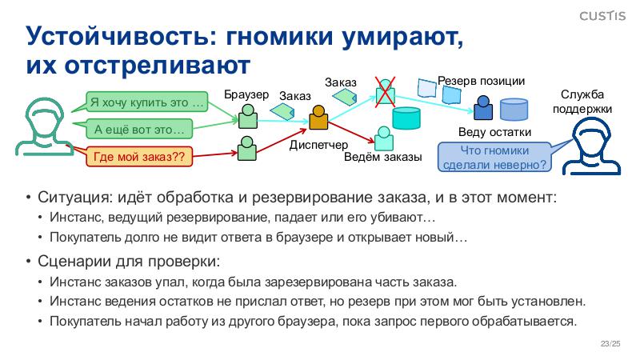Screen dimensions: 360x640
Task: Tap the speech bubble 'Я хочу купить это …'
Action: [x=146, y=102]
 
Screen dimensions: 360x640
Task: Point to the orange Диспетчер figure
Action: [x=319, y=118]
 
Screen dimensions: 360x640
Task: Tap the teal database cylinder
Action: [x=406, y=118]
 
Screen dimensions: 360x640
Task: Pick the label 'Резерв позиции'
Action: [x=481, y=81]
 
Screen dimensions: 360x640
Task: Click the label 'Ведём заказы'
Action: [x=382, y=157]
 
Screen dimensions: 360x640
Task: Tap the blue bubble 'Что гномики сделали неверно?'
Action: [x=494, y=158]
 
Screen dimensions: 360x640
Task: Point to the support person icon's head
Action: [x=591, y=136]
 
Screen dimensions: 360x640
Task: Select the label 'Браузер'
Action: [x=246, y=94]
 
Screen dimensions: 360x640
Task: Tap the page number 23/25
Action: [x=610, y=344]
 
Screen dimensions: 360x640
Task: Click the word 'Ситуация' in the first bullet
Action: [x=70, y=197]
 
